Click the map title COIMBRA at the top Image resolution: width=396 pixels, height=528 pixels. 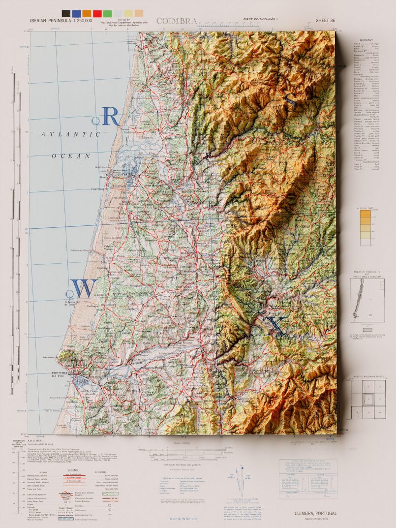(x=177, y=21)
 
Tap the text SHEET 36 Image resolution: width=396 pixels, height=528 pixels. (x=326, y=21)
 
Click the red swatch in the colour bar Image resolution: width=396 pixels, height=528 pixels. (x=97, y=13)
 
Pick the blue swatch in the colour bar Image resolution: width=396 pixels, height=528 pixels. (x=76, y=13)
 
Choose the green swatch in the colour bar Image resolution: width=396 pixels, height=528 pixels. (x=108, y=13)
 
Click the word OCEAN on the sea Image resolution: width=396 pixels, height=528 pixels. (x=71, y=155)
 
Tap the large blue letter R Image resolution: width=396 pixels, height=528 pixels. (x=110, y=117)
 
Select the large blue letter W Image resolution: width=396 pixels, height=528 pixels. (x=85, y=288)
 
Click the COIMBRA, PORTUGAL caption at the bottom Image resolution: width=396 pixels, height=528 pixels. (x=316, y=513)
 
